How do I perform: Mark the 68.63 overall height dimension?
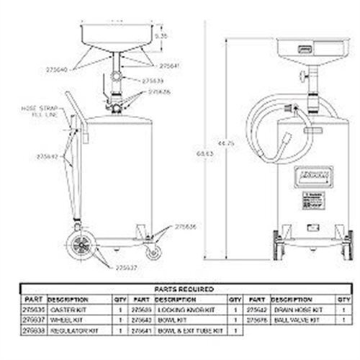[x=210, y=152]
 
